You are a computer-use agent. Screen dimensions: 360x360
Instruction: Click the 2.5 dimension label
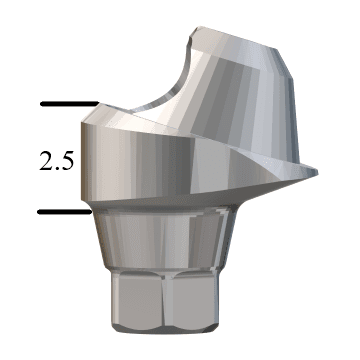pos(56,161)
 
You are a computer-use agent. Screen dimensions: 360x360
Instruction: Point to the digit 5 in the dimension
pos(67,161)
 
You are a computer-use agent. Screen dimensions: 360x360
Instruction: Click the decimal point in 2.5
pos(57,168)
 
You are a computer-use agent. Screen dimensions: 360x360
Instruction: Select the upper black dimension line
pos(69,104)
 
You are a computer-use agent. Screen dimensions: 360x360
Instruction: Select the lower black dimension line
pos(65,212)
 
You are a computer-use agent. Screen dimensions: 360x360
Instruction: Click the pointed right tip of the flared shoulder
pos(317,172)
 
